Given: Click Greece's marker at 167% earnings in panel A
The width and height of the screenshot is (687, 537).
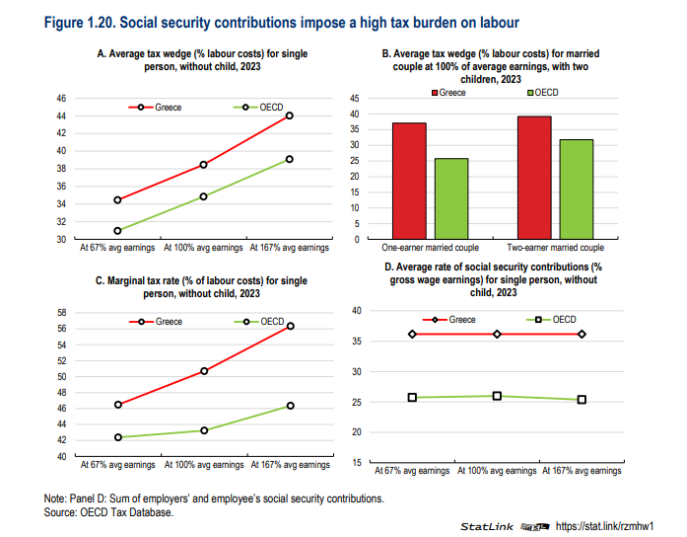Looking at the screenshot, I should point(290,115).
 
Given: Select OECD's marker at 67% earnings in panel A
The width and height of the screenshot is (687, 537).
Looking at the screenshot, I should point(117,231).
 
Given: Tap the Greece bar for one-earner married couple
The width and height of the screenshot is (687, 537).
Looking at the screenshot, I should point(409,180).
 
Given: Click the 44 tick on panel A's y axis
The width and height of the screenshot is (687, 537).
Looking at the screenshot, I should point(60,115).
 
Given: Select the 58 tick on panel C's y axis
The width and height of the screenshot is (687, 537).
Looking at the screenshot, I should point(60,312).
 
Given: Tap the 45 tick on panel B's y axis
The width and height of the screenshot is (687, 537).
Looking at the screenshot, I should point(355,99).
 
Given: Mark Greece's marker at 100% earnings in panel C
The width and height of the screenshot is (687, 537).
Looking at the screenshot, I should point(204,371).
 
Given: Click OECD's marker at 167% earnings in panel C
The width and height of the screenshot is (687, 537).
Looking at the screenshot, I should point(290,406).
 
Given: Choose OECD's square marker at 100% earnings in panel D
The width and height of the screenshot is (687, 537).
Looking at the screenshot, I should point(497,396).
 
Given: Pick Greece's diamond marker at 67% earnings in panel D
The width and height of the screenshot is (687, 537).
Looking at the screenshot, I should point(412,335).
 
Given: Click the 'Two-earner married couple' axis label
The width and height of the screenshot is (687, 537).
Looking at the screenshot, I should point(556,247).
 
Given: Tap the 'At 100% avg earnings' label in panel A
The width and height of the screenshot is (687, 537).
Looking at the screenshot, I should point(203,247).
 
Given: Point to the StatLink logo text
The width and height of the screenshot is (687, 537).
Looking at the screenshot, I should point(488,525).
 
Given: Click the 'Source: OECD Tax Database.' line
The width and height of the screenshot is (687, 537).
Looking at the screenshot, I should point(108,511).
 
